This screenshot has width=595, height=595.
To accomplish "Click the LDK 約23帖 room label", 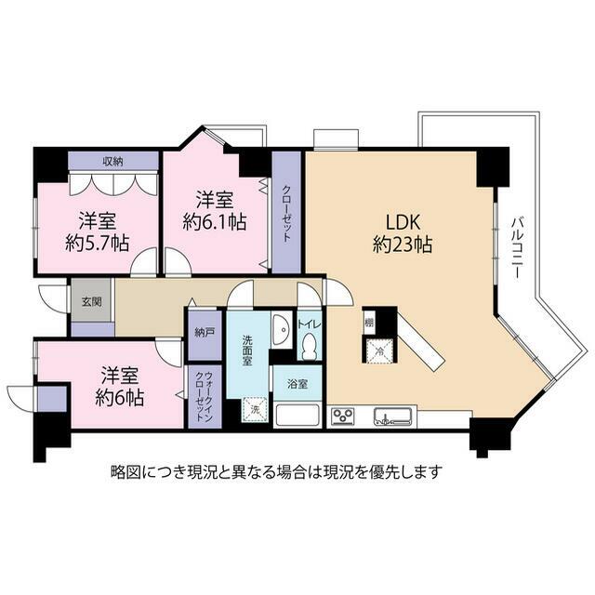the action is click(403, 233).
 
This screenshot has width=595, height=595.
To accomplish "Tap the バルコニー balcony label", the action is click(516, 248).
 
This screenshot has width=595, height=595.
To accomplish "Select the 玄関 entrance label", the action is click(92, 301).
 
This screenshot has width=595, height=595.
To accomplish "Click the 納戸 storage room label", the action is click(205, 333).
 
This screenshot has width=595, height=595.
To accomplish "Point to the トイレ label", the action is click(310, 324).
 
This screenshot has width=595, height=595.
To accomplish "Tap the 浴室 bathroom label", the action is click(297, 384).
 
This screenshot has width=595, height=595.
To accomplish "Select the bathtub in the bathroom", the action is click(297, 416).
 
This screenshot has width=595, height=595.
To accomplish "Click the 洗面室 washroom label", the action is click(247, 350).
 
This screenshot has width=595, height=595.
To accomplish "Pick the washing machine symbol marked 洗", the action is click(255, 409).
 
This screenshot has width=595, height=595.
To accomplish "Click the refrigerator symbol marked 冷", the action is click(379, 350).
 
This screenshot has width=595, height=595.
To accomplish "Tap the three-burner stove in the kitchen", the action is click(343, 416).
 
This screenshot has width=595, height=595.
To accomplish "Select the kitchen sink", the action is click(393, 416).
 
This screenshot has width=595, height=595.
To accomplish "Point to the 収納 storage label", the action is click(113, 162).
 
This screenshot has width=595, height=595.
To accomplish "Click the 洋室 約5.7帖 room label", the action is click(97, 231).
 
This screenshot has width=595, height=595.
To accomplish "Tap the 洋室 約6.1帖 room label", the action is click(215, 211).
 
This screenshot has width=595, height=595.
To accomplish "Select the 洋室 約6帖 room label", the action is click(119, 387).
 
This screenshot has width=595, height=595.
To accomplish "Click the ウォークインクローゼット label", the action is click(204, 397).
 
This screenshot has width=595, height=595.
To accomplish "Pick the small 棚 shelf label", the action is click(369, 324).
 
